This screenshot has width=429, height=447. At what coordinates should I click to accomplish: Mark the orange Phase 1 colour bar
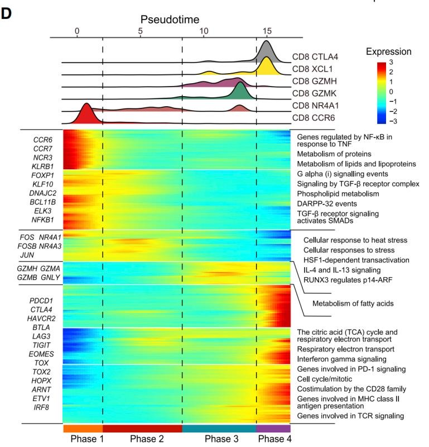tap(83, 429)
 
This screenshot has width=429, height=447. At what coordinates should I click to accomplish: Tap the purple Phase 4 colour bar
tap(273, 429)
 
